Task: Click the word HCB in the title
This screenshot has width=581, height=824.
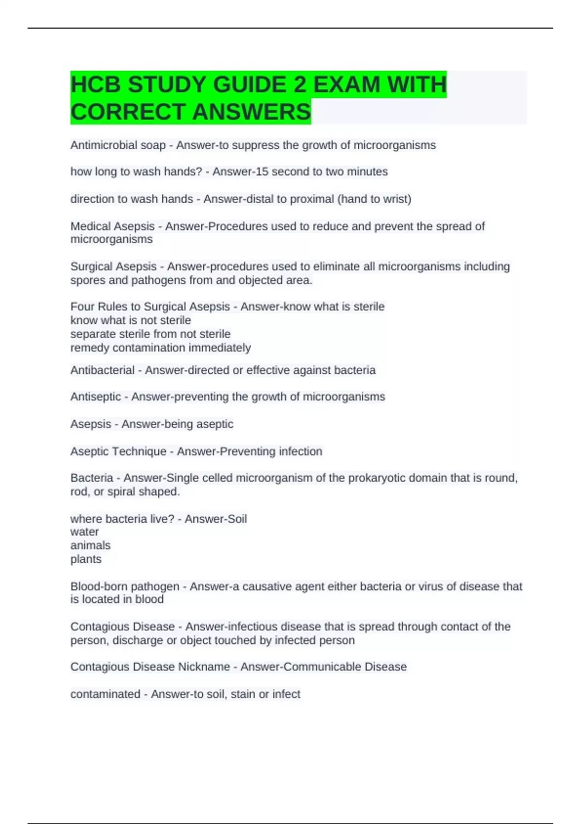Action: pyautogui.click(x=96, y=85)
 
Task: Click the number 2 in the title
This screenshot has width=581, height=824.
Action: pyautogui.click(x=300, y=85)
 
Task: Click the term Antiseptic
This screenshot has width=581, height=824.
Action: pyautogui.click(x=95, y=397)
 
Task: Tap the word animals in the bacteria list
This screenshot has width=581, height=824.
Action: pyautogui.click(x=91, y=545)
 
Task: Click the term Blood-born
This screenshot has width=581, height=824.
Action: pyautogui.click(x=99, y=586)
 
